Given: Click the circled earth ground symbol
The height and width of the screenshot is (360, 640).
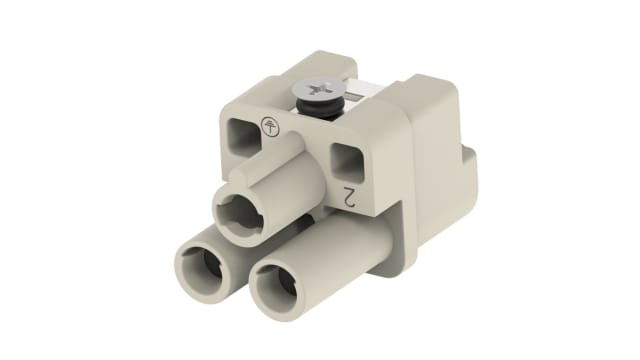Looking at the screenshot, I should (268, 126).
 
